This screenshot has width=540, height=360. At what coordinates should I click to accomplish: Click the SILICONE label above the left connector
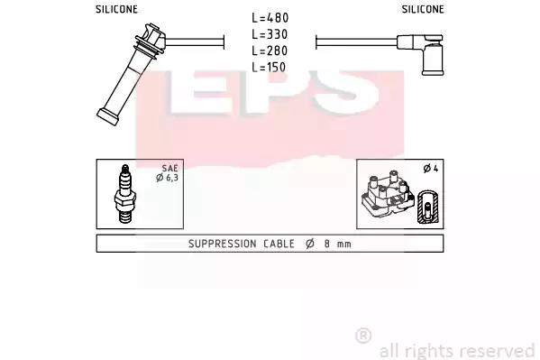(x=116, y=9)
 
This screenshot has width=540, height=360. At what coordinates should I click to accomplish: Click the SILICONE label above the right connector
(x=423, y=9)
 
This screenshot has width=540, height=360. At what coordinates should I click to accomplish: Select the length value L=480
(x=270, y=18)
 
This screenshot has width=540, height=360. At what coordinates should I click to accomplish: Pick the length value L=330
(x=270, y=34)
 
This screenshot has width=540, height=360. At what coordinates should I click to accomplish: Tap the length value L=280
(x=270, y=51)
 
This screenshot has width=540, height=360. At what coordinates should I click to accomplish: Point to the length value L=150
(x=269, y=67)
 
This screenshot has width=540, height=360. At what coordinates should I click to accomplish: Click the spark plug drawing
(x=125, y=194)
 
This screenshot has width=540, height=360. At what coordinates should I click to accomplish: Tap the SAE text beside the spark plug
(x=170, y=169)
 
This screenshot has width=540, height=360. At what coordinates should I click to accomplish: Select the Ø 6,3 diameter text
(x=167, y=178)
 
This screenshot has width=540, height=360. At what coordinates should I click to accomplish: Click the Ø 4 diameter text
(x=431, y=169)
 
